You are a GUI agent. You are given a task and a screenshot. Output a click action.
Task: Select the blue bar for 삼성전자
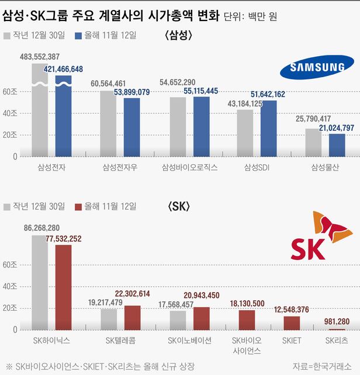(64, 117)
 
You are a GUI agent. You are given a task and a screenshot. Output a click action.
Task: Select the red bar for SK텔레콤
(132, 318)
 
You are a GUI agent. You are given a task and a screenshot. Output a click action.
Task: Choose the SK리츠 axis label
(337, 340)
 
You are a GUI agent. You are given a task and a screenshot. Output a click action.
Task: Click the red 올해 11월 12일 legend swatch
(79, 207)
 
